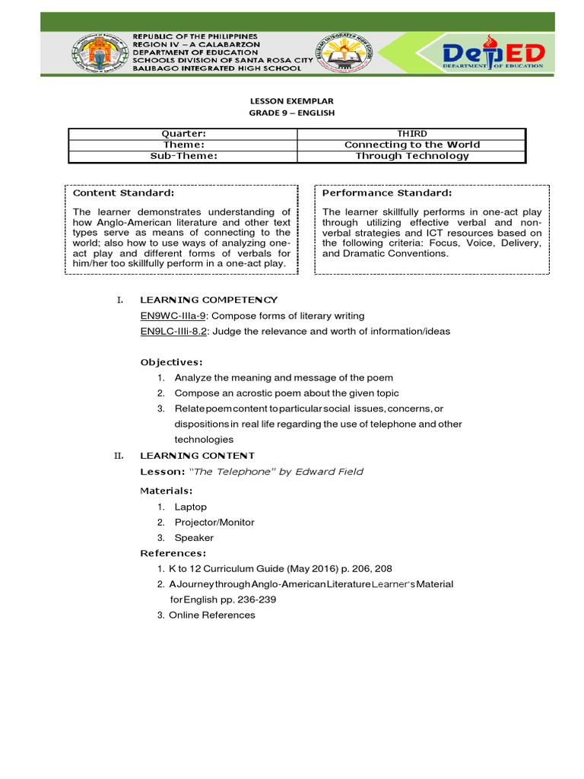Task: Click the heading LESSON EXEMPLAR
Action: (292, 100)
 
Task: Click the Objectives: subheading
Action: (172, 361)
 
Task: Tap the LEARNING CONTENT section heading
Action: (197, 456)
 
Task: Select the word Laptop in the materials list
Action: (190, 507)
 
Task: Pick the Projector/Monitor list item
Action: (214, 523)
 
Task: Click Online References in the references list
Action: (212, 615)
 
